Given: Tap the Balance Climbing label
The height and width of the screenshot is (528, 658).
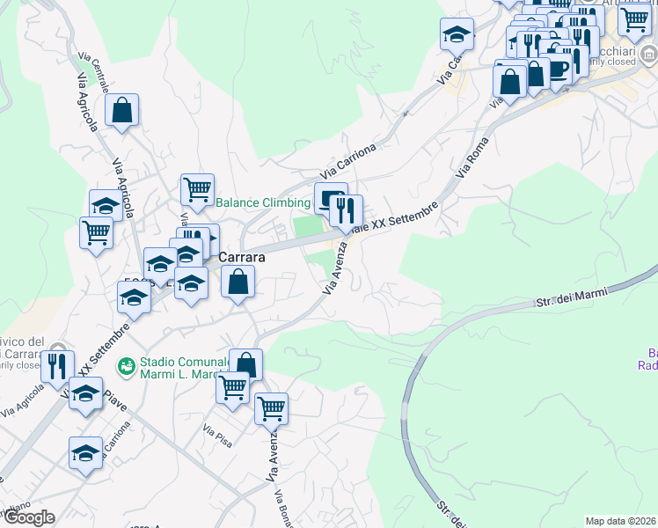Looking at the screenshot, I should tap(263, 202).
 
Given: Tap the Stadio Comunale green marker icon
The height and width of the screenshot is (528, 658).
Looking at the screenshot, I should tap(127, 363).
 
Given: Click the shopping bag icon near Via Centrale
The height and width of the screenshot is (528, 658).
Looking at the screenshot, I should tap(122, 111).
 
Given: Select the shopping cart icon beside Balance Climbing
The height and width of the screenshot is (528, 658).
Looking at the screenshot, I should tap(198, 188).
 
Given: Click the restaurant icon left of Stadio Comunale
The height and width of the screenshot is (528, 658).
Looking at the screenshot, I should tap(57, 364).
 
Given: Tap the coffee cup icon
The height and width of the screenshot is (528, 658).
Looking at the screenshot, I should tap(558, 67).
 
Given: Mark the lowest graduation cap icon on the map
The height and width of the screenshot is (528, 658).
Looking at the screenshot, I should tap(85, 453).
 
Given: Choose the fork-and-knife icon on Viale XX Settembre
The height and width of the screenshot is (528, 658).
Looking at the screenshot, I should tap(345, 209).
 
